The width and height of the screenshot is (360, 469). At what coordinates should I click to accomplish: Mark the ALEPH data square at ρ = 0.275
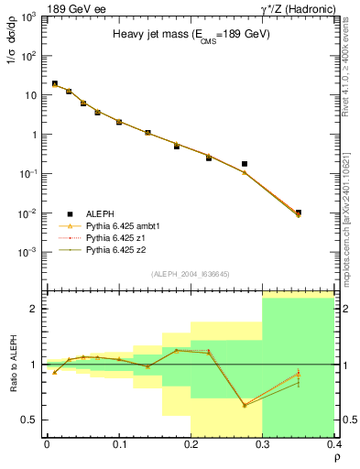(x=245, y=164)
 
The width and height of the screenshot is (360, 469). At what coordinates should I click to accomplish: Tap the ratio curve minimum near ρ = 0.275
(x=245, y=405)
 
